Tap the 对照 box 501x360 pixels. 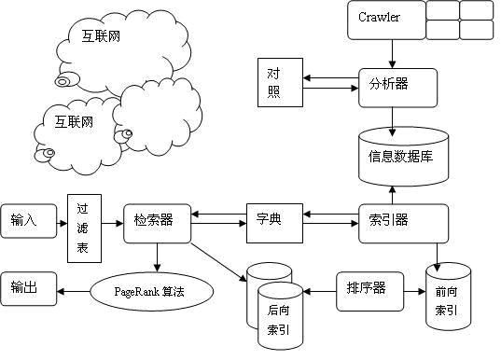click(x=273, y=88)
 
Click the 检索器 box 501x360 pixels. click(x=155, y=220)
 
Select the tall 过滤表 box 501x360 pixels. click(x=84, y=228)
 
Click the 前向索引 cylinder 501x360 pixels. click(x=447, y=297)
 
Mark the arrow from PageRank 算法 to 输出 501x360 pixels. click(x=74, y=292)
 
